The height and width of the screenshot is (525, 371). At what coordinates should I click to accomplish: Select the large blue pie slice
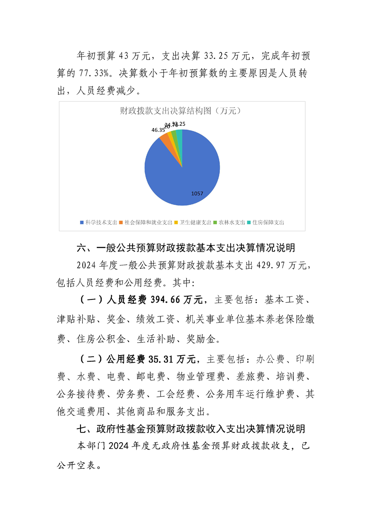point(182,173)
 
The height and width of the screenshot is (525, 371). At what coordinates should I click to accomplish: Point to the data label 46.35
point(158,130)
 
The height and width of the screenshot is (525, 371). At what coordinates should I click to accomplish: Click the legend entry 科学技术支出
point(99,223)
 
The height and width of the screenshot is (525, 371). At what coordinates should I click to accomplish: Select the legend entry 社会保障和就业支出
point(146,223)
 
